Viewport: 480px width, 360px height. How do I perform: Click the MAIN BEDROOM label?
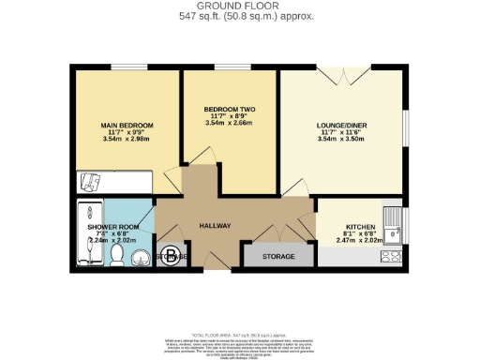click(127, 125)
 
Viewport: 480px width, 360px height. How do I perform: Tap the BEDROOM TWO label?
click(228, 109)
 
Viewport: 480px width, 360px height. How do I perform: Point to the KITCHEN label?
click(360, 226)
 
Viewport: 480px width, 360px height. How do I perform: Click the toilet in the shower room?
click(116, 255)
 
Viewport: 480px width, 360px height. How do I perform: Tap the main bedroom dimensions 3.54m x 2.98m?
click(127, 140)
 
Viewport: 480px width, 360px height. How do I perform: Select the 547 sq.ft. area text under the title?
click(240, 17)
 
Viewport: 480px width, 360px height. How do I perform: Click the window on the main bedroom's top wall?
click(125, 66)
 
